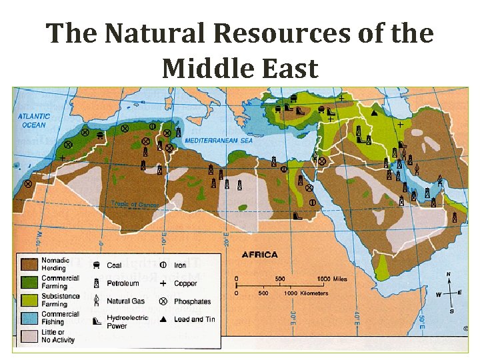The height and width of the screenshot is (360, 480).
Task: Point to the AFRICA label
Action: (259, 255)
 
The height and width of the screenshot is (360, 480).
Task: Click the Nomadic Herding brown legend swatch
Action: (29, 263)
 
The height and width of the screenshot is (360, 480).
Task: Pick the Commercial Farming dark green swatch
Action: (29, 282)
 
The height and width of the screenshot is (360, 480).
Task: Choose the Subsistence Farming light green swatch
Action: (29, 300)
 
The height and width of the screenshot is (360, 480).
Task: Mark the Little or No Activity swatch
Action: (29, 335)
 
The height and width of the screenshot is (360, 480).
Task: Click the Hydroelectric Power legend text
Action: (127, 323)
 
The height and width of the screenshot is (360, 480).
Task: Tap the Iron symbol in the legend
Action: (163, 265)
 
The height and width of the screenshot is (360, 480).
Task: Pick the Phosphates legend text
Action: (193, 301)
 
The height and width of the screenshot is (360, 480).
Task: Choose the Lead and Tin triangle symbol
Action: (163, 319)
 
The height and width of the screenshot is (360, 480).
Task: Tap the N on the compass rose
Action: (449, 274)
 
